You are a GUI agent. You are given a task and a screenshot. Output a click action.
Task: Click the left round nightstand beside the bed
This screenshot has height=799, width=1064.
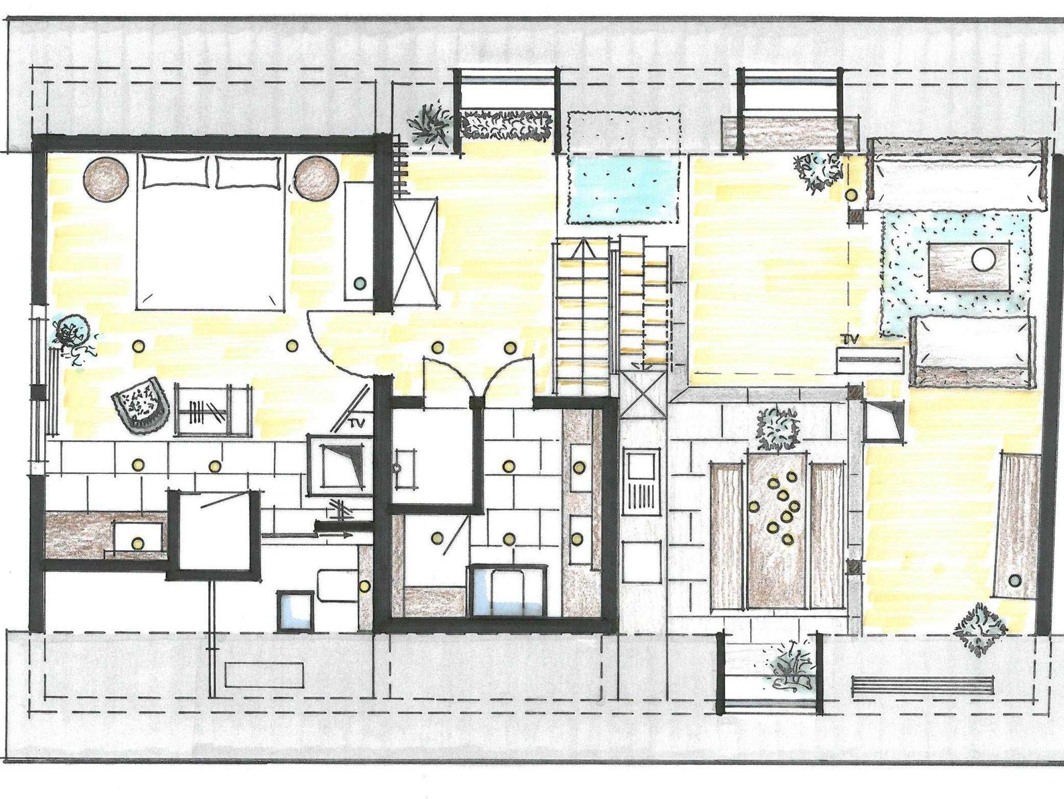click(x=107, y=179)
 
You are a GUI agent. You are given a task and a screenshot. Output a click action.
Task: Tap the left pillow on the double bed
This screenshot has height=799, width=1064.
click(x=177, y=171)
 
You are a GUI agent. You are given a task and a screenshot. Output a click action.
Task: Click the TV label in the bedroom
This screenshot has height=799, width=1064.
click(x=356, y=422)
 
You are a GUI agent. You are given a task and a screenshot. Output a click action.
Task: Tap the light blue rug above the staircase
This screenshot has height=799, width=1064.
click(x=623, y=191)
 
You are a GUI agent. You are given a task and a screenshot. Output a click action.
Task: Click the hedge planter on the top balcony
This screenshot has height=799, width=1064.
click(x=506, y=125)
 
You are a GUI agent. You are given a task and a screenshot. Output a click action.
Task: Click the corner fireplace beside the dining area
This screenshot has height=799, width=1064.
click(x=882, y=421)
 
